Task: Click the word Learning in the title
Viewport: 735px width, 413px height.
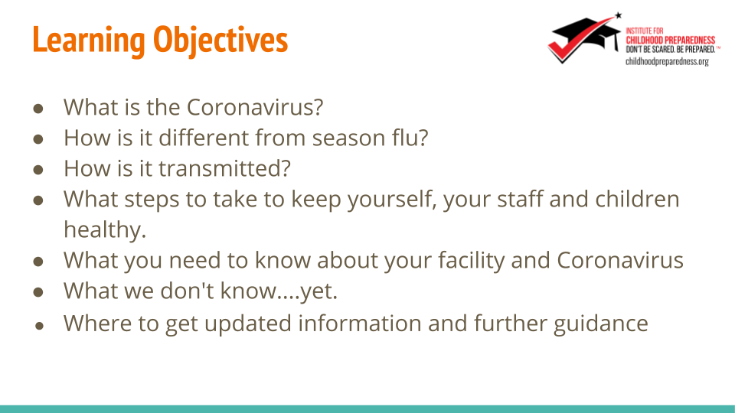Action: pos(89,41)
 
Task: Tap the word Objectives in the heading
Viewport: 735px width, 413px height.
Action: pos(220,41)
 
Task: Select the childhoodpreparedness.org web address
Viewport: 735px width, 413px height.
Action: pos(667,62)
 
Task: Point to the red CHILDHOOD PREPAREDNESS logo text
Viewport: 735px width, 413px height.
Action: pos(671,41)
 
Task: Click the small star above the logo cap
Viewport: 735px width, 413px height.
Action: pos(619,15)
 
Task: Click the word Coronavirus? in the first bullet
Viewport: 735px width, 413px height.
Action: pos(255,107)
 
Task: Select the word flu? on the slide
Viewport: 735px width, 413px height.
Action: pos(410,138)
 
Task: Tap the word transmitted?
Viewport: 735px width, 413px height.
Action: pos(224,168)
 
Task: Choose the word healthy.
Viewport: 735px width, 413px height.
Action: pos(105,230)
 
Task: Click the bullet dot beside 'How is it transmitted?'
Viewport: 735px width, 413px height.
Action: pos(38,170)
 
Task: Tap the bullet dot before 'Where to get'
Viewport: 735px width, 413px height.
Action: pos(39,326)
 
